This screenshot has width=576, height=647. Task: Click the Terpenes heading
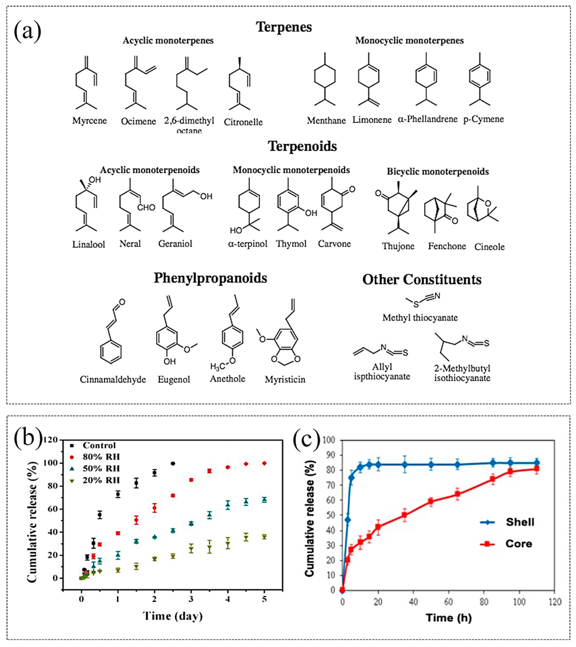284,27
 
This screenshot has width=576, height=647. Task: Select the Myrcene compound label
89,121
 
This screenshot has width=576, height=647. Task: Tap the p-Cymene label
483,119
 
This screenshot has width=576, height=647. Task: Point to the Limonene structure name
372,120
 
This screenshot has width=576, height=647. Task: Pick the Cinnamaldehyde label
113,379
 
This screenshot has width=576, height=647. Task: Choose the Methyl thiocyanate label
420,318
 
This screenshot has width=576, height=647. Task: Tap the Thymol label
291,244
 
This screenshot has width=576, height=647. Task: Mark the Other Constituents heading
422,280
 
